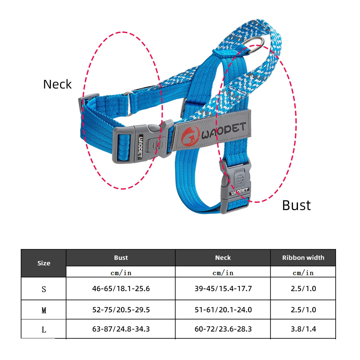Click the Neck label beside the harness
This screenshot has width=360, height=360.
tap(57, 84)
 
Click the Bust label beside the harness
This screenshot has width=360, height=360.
tap(296, 205)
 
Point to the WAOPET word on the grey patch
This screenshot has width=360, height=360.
tap(224, 130)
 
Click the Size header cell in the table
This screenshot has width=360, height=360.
tap(44, 263)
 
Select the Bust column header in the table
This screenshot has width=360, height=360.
tap(121, 258)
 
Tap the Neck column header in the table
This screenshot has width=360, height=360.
tap(223, 258)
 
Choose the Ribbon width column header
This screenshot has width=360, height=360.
tap(303, 258)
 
